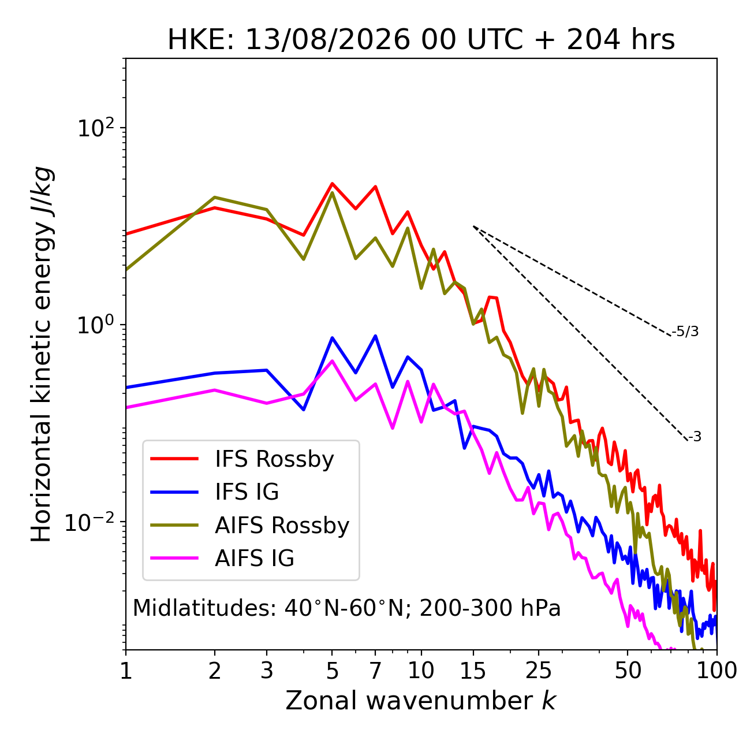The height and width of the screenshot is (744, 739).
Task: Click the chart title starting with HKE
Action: [x=421, y=40]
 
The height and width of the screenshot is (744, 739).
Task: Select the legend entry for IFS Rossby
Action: [x=242, y=459]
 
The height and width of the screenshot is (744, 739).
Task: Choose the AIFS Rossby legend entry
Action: [x=249, y=526]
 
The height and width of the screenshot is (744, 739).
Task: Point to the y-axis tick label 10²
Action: [x=96, y=128]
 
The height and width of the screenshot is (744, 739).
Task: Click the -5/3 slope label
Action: [x=685, y=332]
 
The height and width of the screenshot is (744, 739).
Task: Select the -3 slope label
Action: [x=694, y=437]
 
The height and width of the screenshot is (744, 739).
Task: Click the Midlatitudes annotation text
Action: [x=346, y=608]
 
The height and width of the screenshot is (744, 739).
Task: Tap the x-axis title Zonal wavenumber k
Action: [x=421, y=701]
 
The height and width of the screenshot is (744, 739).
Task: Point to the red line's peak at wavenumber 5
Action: [x=332, y=183]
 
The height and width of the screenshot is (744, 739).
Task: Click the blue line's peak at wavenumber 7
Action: [x=375, y=336]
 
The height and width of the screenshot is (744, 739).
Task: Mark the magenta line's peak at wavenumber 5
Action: [x=332, y=360]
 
